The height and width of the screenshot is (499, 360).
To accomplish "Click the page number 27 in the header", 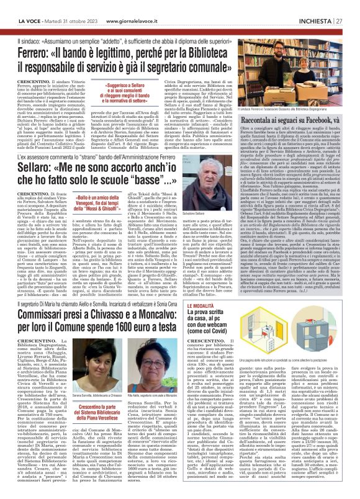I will [x=351, y=7].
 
